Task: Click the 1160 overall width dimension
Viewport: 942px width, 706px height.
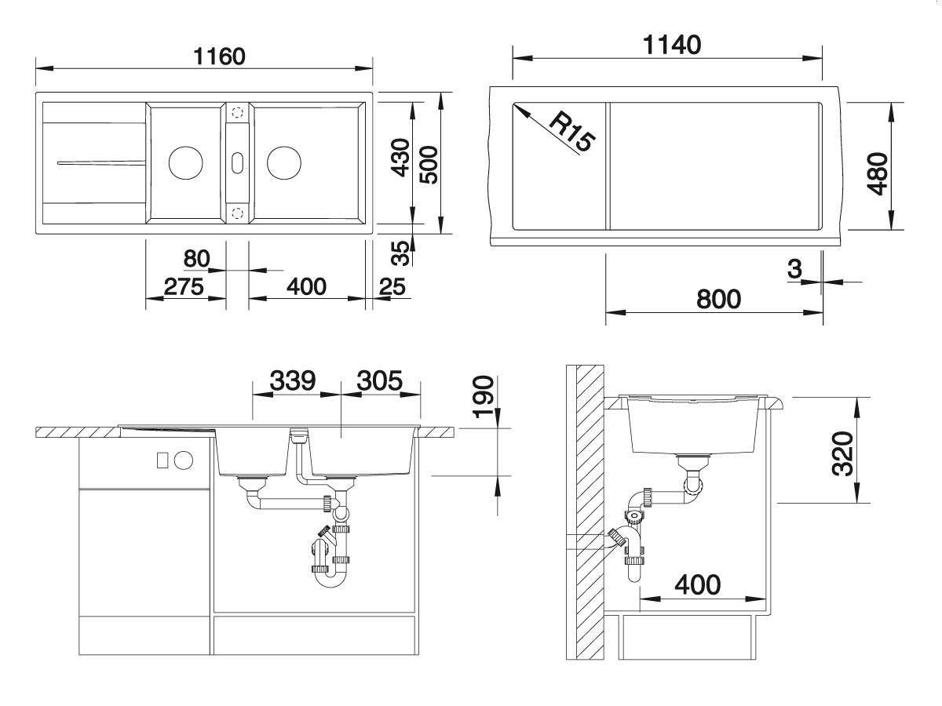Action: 219,56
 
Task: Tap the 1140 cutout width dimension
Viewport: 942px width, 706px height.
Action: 672,45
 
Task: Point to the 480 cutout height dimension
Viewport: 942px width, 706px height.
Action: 877,173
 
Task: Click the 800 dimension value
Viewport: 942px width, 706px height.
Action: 718,299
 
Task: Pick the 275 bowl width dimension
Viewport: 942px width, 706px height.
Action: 184,286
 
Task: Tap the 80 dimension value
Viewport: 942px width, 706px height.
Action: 196,259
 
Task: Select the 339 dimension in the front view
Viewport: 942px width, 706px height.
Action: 293,380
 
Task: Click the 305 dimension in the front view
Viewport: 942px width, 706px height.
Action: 380,380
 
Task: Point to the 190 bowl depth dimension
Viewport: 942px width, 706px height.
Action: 483,396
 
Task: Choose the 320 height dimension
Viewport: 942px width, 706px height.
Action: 842,453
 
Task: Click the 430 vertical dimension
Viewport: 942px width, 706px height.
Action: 401,158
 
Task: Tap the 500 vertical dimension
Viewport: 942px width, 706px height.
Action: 429,165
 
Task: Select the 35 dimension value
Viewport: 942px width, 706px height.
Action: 401,253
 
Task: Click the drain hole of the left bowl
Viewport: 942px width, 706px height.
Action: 185,163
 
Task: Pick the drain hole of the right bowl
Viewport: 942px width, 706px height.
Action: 284,163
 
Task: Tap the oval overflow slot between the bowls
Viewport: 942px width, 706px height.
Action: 237,163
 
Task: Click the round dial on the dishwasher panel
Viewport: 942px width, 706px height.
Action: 184,460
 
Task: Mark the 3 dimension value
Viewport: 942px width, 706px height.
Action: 794,269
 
